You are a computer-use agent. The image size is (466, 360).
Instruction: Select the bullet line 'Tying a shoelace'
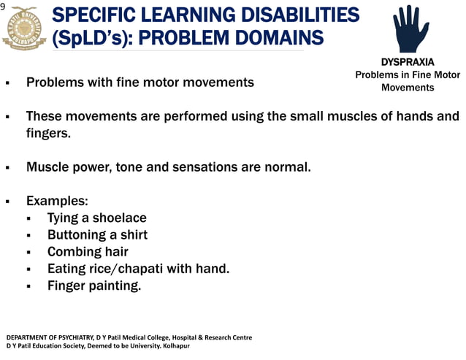[x=96, y=218]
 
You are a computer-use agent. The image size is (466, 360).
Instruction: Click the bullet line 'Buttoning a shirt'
[x=97, y=234]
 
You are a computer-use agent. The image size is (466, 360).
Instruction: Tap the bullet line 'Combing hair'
[x=88, y=251]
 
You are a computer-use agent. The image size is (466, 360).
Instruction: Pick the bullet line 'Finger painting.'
[x=94, y=285]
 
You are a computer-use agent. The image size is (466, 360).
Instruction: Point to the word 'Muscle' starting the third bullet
[x=47, y=166]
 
